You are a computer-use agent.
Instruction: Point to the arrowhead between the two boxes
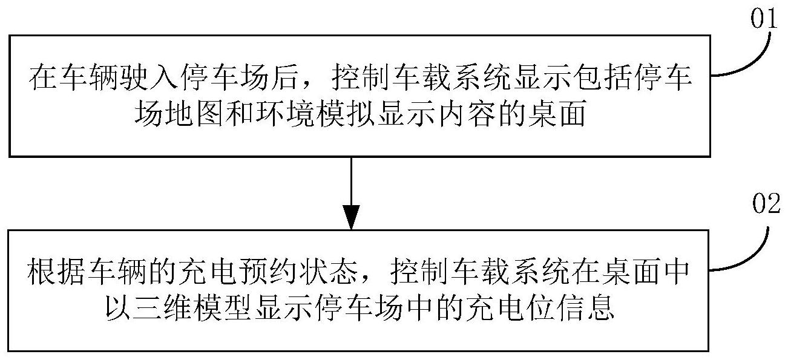tap(352, 217)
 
